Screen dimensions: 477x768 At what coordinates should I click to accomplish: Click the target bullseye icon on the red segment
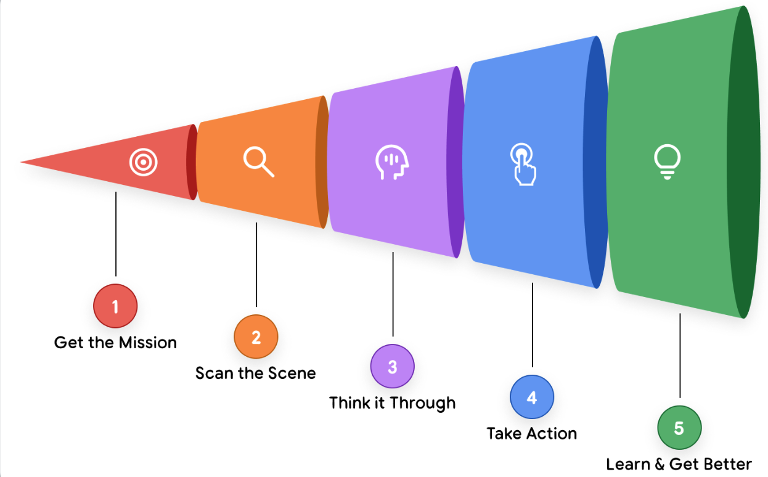tap(143, 163)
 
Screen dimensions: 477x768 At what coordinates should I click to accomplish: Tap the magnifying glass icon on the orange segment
tap(258, 161)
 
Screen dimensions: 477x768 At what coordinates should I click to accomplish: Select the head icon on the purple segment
tap(393, 163)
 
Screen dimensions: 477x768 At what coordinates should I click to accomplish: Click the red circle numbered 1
tap(115, 306)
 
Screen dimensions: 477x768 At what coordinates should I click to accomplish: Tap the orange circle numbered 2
tap(256, 336)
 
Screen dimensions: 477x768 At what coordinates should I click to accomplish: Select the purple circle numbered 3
tap(393, 367)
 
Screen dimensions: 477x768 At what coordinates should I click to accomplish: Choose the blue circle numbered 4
tap(532, 397)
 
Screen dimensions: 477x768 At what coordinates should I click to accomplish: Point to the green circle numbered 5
tap(679, 428)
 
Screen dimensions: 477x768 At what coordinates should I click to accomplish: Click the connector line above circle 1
tap(116, 234)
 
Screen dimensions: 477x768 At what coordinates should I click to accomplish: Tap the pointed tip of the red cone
tap(23, 163)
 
